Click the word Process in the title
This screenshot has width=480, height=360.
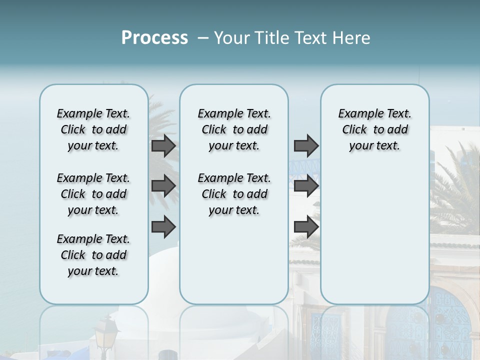154,38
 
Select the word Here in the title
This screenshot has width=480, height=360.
349,38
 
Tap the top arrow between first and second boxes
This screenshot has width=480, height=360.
163,145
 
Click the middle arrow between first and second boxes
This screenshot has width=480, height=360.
163,186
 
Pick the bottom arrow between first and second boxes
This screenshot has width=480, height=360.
163,227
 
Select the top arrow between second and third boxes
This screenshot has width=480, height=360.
306,145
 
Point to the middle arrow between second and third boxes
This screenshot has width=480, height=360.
306,186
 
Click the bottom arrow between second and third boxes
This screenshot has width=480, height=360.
306,227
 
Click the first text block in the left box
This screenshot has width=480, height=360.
93,129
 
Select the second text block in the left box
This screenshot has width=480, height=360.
93,194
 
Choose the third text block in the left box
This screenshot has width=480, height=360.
93,255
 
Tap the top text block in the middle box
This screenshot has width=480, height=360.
234,129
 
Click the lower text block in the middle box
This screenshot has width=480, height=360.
234,194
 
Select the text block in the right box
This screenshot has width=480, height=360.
374,129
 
